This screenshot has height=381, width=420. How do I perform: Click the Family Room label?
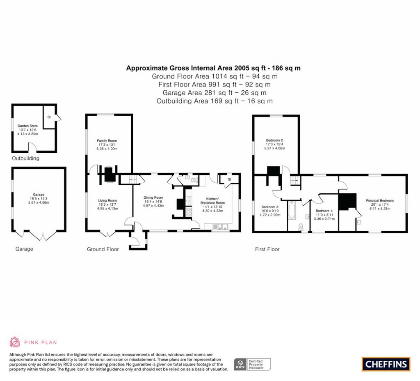point(107,141)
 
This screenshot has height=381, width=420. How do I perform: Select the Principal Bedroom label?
point(379,201)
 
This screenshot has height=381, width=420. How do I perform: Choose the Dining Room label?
point(153,197)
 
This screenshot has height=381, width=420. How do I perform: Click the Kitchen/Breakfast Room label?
point(212,200)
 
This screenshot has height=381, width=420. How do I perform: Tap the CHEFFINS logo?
point(386,364)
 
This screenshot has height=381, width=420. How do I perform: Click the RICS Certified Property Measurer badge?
point(252,364)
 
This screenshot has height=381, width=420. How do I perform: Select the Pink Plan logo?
point(33,342)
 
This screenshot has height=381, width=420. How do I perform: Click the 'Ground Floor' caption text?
point(103,249)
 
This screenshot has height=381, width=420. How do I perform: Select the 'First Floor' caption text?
point(267,249)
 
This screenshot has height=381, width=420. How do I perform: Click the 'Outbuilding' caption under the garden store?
point(25,158)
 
